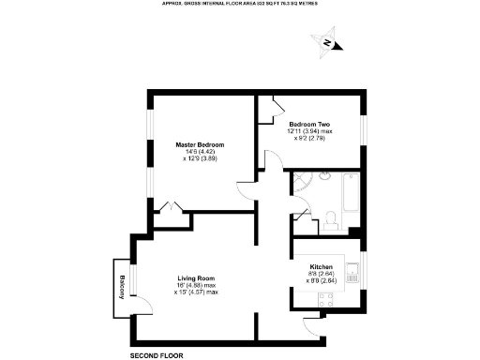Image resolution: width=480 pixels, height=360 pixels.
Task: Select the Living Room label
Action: [x=197, y=278]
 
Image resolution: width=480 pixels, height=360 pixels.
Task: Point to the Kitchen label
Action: [x=322, y=266]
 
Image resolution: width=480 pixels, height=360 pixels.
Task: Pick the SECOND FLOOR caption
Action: [x=157, y=355]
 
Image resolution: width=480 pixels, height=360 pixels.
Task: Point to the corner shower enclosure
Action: [x=301, y=182]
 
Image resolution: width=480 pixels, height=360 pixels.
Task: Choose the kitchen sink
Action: [x=352, y=275]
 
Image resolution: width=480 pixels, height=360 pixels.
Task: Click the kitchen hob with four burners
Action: [x=327, y=301]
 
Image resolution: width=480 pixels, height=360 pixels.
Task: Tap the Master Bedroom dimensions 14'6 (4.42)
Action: [x=198, y=152]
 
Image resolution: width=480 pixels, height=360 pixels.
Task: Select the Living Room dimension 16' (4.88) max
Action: [x=196, y=286]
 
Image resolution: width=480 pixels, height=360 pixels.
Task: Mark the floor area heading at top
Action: [x=239, y=4]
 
